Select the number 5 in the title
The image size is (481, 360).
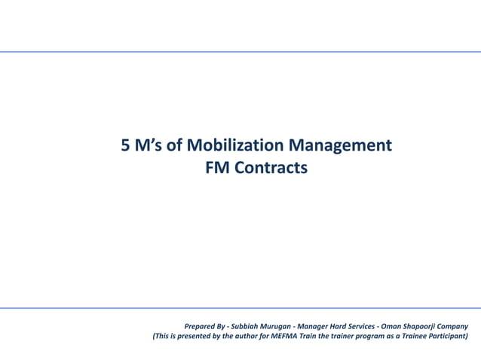coord(127,145)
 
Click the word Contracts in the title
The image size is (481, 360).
coord(271,169)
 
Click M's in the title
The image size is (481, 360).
coord(150,145)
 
